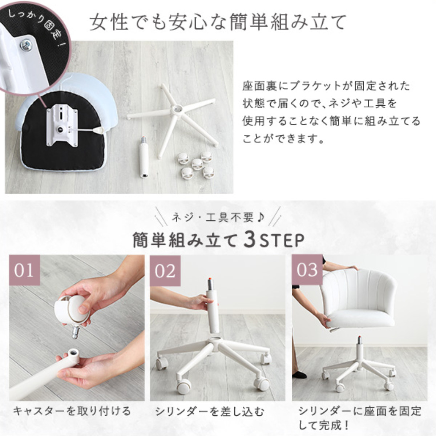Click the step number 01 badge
(x=24, y=270)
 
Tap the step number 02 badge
(x=165, y=271)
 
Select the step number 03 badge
(x=307, y=270)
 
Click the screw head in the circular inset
(x=26, y=45)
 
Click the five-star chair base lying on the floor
(x=173, y=119)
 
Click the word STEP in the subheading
(x=281, y=241)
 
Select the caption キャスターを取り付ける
(x=72, y=411)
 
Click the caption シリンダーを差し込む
(x=210, y=411)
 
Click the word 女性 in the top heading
(x=110, y=23)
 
